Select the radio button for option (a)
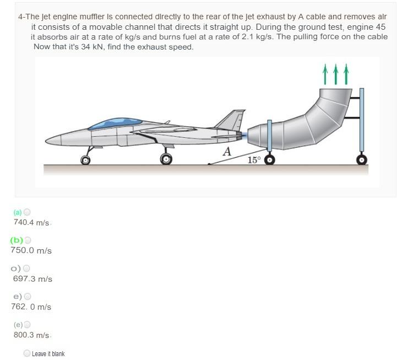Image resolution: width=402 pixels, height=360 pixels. click(x=28, y=212)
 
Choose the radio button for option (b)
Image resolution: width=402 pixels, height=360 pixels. click(x=28, y=240)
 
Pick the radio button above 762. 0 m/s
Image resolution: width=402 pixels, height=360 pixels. click(x=28, y=296)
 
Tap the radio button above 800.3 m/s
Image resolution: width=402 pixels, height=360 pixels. click(x=28, y=324)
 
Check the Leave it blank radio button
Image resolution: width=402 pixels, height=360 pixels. click(x=27, y=353)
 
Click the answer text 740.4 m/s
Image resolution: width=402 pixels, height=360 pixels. click(x=31, y=223)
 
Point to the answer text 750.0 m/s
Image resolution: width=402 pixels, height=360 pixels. click(x=31, y=251)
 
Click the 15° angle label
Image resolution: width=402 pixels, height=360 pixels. click(x=253, y=160)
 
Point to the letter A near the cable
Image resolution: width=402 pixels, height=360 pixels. click(x=226, y=151)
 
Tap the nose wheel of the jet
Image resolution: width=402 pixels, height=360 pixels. click(x=85, y=160)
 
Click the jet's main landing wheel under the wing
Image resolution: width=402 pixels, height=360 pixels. click(x=166, y=159)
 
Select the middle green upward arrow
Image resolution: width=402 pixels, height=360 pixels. click(x=335, y=74)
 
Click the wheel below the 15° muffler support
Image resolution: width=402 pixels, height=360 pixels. click(x=270, y=160)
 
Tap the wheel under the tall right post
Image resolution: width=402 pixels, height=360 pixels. click(x=361, y=160)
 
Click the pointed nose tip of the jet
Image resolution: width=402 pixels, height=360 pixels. click(x=46, y=138)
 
